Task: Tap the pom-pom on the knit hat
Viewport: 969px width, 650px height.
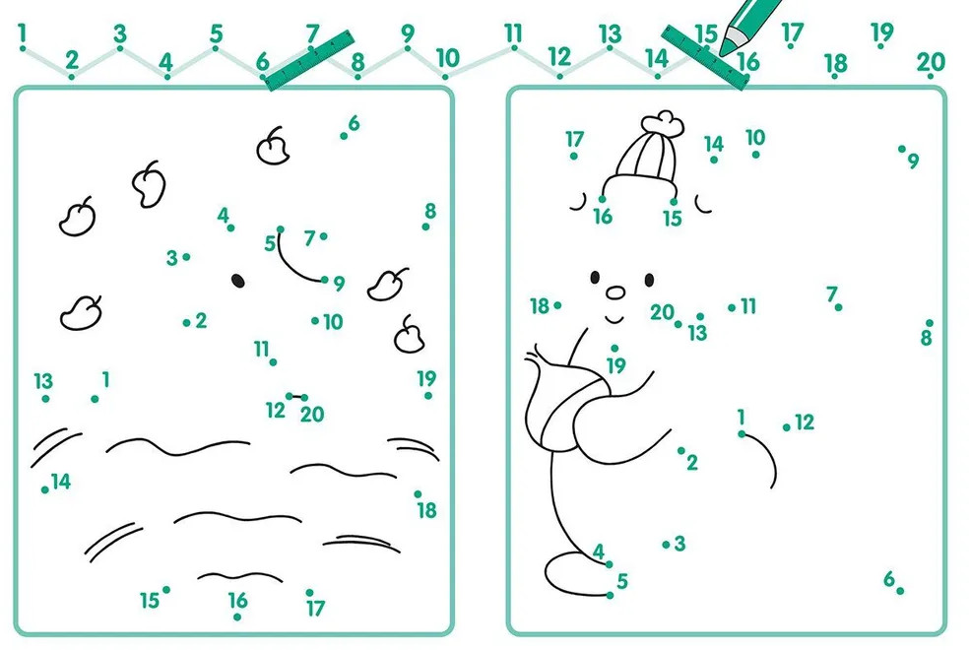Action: point(663,123)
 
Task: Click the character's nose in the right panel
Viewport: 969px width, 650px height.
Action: point(615,292)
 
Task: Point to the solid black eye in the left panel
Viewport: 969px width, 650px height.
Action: point(238,281)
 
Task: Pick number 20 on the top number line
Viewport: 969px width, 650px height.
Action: point(931,62)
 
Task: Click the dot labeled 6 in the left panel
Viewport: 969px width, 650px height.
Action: point(344,136)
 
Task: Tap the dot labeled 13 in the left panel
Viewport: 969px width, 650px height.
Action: point(45,399)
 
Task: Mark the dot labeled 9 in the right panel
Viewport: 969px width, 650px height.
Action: point(902,149)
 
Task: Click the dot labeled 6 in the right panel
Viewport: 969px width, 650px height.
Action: point(900,591)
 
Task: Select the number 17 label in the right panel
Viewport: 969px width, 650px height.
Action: point(575,139)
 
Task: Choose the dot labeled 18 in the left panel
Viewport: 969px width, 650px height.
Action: point(419,494)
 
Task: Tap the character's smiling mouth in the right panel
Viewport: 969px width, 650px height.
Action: point(614,319)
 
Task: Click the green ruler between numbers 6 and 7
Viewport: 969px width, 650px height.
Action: point(309,60)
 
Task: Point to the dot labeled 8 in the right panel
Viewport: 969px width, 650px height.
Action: point(929,323)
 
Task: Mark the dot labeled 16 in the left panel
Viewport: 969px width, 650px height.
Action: point(237,617)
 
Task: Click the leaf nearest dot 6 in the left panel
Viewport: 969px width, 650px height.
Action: point(273,147)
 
